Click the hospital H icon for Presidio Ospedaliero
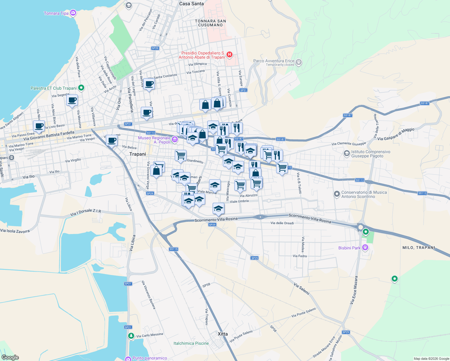tap(230, 54)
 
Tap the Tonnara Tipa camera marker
tap(73, 13)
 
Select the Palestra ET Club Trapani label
tap(54, 88)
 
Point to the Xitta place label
tap(223, 334)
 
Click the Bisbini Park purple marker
tap(365, 248)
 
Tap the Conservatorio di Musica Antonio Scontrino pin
tap(337, 194)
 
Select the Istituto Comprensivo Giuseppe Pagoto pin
tap(347, 154)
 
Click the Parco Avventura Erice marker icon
tap(299, 62)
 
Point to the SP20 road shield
tap(155, 48)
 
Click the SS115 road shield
tap(174, 249)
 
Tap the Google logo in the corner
tap(10, 357)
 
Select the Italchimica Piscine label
tap(191, 343)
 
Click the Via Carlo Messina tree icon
tap(131, 336)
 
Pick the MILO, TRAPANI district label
tap(418, 248)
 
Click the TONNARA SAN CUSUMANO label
tap(210, 23)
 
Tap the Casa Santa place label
tap(191, 4)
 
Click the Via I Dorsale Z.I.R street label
tap(85, 212)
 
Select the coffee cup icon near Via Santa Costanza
tap(149, 84)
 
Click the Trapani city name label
tap(137, 154)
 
